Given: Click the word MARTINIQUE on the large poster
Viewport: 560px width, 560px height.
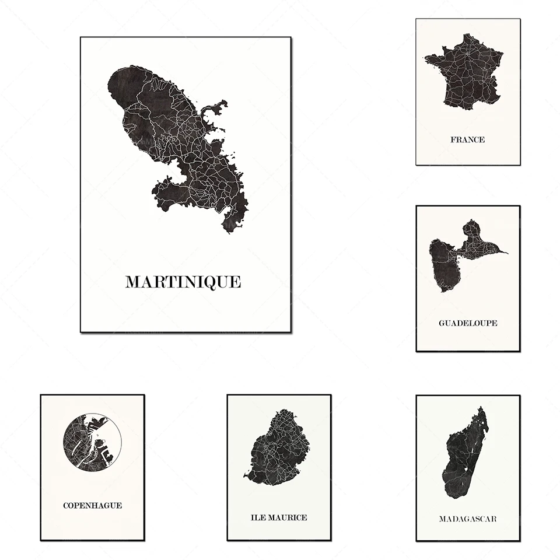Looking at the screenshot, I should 183,282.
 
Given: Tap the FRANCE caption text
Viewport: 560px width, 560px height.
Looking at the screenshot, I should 467,140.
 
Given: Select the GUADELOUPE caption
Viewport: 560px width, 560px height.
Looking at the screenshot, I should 468,323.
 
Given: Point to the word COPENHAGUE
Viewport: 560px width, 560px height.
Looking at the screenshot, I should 92,506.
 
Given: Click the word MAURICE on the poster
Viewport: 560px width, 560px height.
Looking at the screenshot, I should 288,517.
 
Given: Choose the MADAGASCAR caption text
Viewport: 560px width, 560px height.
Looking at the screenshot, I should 468,519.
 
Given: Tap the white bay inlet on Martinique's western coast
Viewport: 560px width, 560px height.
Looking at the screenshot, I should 175,174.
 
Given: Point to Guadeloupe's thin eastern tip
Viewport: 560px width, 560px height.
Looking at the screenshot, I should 505,253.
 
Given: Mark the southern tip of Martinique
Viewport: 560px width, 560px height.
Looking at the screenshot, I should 228,231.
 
